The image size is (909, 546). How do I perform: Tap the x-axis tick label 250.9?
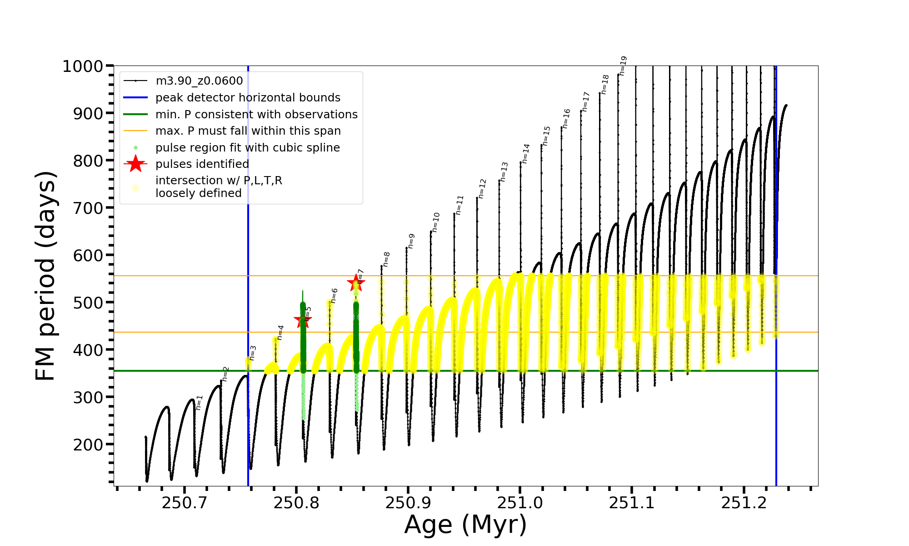pyautogui.click(x=408, y=503)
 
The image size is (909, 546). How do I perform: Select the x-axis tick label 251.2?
pyautogui.click(x=744, y=503)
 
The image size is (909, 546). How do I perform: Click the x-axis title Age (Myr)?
pyautogui.click(x=465, y=525)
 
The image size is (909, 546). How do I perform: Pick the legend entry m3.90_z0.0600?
pyautogui.click(x=199, y=81)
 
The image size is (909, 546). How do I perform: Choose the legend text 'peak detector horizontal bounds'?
pyautogui.click(x=248, y=98)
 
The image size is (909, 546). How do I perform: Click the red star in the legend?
pyautogui.click(x=135, y=164)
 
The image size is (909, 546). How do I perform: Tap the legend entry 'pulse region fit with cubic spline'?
pyautogui.click(x=247, y=148)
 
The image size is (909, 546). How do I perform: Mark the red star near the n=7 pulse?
pyautogui.click(x=355, y=283)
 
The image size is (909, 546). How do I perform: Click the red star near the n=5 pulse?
pyautogui.click(x=303, y=320)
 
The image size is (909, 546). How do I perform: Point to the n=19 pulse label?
pyautogui.click(x=623, y=66)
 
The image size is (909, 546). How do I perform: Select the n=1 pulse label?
pyautogui.click(x=199, y=403)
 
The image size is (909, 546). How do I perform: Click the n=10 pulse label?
pyautogui.click(x=435, y=222)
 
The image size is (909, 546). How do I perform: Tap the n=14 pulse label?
pyautogui.click(x=526, y=153)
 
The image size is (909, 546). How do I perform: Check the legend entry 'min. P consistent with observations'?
pyautogui.click(x=256, y=115)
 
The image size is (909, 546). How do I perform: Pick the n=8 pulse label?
pyautogui.click(x=386, y=259)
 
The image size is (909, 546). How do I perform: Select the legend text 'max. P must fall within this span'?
pyautogui.click(x=248, y=131)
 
